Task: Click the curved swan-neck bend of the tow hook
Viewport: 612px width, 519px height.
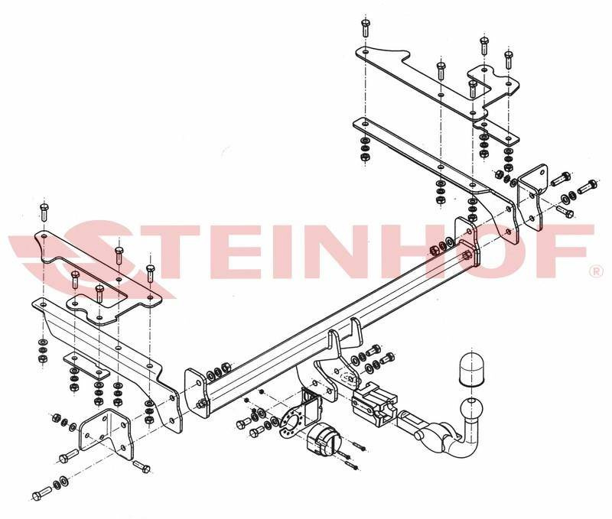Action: tap(460, 444)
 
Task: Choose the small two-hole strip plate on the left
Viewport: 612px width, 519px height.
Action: tap(86, 366)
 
